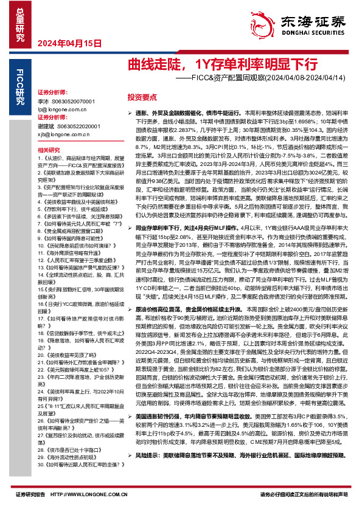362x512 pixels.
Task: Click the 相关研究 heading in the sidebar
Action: point(49,150)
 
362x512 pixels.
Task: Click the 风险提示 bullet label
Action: point(147,472)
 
